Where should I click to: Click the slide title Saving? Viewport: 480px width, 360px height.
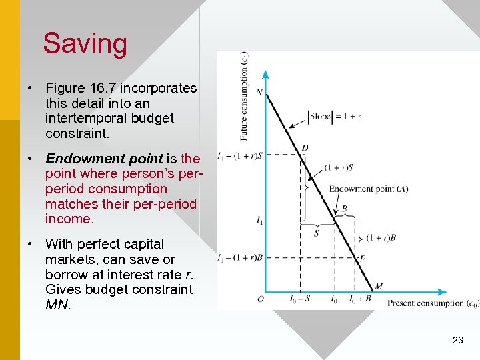coord(85,44)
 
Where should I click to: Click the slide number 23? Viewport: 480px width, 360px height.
coord(457,340)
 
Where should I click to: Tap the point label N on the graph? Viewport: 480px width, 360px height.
coord(259,92)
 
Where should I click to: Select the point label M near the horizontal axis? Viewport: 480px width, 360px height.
coord(379,286)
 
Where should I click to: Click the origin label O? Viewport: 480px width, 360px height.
coord(260,299)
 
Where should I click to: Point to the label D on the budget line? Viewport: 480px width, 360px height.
coord(305,147)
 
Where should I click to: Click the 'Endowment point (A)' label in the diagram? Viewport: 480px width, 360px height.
coord(368,189)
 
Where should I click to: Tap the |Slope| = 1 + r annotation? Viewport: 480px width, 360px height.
coord(335,116)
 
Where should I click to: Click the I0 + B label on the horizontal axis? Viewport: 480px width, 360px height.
coord(359,299)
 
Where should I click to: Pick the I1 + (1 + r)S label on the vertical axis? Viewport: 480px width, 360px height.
coord(239,156)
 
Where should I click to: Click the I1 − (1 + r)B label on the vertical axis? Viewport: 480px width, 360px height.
coord(239,257)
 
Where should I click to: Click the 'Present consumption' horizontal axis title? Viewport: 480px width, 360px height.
coord(433,303)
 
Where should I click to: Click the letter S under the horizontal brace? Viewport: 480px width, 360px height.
coord(316,233)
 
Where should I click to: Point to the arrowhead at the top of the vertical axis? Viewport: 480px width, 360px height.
coord(265,74)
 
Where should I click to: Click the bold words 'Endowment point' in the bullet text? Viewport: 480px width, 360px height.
coord(104,159)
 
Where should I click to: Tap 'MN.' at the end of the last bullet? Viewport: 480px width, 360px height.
coord(57,304)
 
